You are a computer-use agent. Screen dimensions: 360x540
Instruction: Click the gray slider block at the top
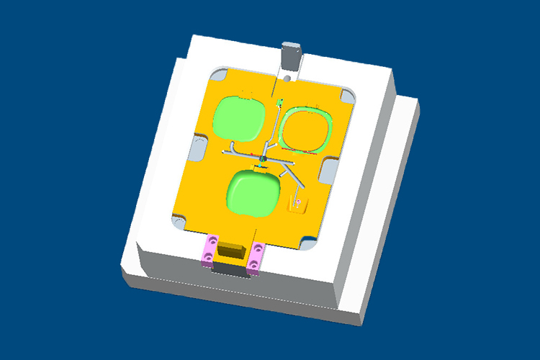click(290, 55)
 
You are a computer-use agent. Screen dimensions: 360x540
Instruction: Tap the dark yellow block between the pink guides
click(233, 251)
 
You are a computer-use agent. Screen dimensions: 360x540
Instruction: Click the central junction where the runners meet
click(264, 158)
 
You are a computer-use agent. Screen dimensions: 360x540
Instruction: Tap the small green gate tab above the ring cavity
click(281, 102)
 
